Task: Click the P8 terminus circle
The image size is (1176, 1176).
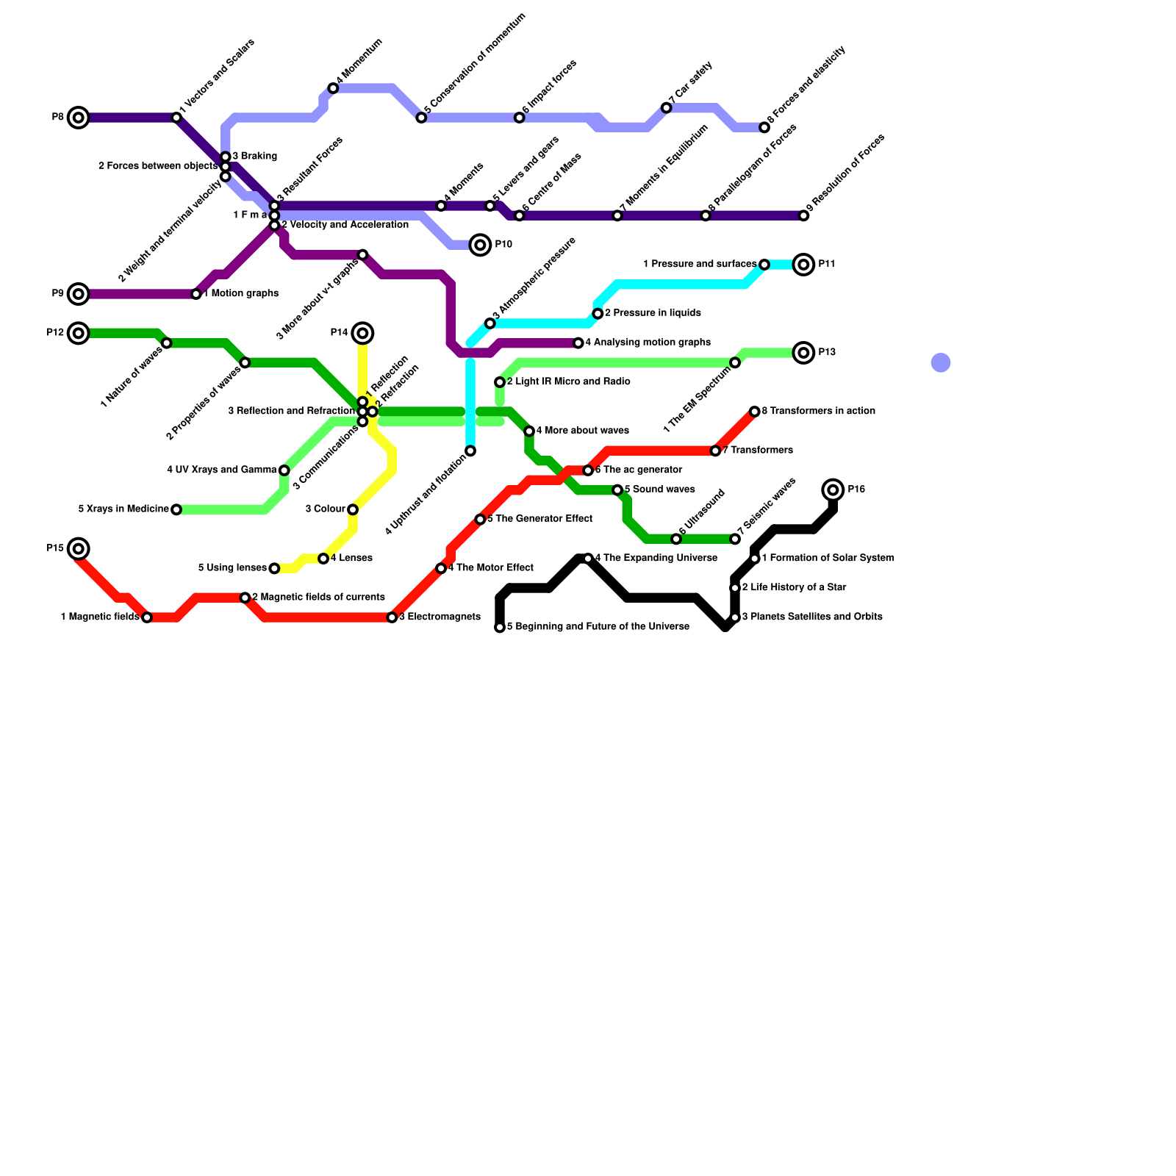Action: click(79, 118)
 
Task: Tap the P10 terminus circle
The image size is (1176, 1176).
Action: click(480, 245)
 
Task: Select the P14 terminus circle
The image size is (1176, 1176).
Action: click(362, 333)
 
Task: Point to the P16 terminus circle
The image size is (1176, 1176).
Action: click(833, 490)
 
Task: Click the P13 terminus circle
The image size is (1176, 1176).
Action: click(804, 353)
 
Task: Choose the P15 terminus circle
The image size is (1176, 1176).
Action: click(79, 548)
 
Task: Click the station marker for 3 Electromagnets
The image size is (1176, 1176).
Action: click(392, 617)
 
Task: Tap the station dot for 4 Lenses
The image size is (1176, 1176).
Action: click(323, 559)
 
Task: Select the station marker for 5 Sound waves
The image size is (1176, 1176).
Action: click(617, 490)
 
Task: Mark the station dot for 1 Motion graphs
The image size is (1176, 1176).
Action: click(196, 294)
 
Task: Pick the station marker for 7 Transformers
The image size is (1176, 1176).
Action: click(715, 451)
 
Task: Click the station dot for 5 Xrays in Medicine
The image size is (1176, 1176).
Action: click(176, 509)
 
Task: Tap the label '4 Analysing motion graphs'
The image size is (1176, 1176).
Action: click(648, 343)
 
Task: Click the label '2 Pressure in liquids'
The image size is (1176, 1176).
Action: click(652, 313)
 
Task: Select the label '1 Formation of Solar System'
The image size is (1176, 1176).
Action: click(828, 559)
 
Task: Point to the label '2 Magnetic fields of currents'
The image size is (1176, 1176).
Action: click(318, 598)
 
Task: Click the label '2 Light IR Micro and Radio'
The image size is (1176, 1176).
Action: click(568, 382)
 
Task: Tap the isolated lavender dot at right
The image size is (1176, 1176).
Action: click(941, 362)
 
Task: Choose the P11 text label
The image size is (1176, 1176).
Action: click(828, 265)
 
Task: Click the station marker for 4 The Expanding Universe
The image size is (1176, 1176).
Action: click(588, 559)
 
